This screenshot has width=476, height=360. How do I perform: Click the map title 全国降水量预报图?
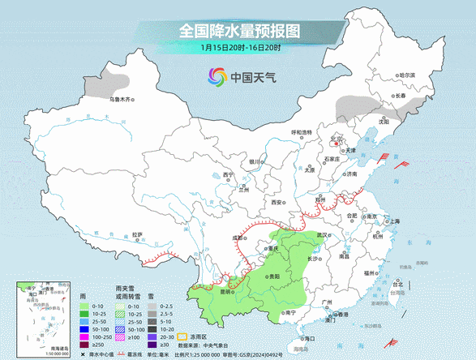[x=239, y=31]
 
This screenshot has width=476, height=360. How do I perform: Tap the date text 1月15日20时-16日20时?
[x=240, y=48]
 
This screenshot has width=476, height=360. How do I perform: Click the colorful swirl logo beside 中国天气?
[x=217, y=78]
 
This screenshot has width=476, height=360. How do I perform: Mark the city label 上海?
[x=395, y=221]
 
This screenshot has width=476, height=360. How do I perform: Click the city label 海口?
[x=308, y=338]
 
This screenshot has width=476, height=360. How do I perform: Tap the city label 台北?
[x=397, y=285]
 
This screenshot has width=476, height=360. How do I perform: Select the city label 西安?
[x=278, y=201]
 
